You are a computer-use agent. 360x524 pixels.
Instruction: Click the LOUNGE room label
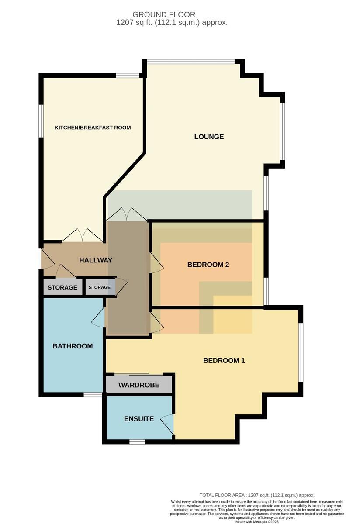pos(209,137)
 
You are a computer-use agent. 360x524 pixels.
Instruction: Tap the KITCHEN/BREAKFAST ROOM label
pos(93,128)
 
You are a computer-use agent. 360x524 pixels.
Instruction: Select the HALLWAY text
pos(96,260)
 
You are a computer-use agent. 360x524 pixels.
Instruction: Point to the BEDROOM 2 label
pos(208,265)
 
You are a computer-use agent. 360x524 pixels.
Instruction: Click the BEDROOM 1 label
pos(224,361)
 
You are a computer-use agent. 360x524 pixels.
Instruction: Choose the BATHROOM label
pos(73,346)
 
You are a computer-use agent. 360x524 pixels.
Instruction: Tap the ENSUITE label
pos(139,419)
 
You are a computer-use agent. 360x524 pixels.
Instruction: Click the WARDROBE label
pos(139,385)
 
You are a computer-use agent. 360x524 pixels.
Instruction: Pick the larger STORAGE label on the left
pos(62,287)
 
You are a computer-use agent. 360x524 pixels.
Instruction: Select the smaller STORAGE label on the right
pos(100,287)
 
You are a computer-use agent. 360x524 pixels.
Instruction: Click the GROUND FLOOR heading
pos(164,14)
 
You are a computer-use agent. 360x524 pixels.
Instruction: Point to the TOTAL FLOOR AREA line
pos(257,495)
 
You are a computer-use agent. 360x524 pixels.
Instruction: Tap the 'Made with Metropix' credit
pos(257,522)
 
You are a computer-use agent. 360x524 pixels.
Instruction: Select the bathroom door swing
pos(98,317)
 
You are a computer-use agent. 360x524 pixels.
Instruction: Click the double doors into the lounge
pos(127,214)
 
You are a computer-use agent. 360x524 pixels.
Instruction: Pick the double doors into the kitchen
pos(82,235)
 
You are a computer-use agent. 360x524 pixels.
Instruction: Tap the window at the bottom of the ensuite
pos(137,441)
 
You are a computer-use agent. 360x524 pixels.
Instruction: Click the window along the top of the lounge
pos(190,62)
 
